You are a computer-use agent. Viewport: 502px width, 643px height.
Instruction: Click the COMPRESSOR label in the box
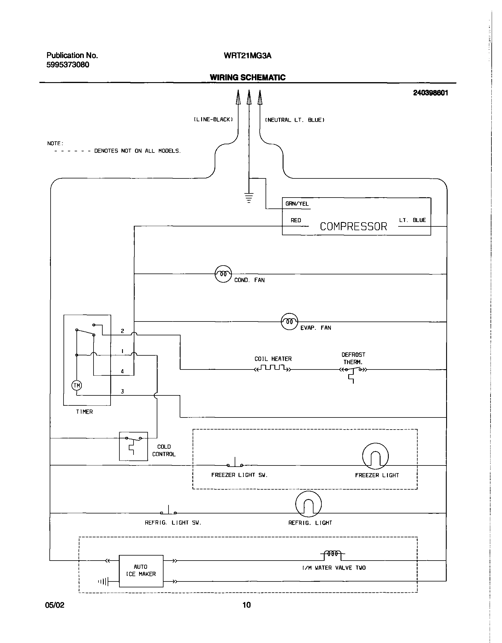pos(353,226)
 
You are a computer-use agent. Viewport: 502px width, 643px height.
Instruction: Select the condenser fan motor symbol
pos(223,274)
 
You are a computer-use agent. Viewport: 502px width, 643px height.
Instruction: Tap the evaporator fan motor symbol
pos(289,321)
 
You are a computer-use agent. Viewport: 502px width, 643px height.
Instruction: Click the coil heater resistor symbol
pos(273,368)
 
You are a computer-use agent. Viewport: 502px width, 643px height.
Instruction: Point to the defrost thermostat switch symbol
pos(353,371)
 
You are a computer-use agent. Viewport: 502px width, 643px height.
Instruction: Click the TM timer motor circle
pos(76,385)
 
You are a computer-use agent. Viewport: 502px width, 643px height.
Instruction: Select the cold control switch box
pos(133,446)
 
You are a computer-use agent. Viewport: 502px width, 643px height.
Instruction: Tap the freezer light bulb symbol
pos(375,456)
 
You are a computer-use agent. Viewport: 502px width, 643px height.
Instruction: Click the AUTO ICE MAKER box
pos(141,571)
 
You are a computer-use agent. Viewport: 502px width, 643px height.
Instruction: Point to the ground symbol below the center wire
pos(249,198)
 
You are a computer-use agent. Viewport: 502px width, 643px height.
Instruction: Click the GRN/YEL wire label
pos(297,204)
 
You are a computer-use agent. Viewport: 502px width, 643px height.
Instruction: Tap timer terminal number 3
pos(122,391)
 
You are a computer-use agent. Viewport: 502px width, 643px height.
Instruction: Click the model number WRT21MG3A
pos(247,56)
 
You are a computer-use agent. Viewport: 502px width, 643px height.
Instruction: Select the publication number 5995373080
pos(68,65)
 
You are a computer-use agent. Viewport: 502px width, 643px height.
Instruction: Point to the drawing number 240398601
pos(430,93)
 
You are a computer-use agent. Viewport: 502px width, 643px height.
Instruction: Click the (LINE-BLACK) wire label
pos(213,120)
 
